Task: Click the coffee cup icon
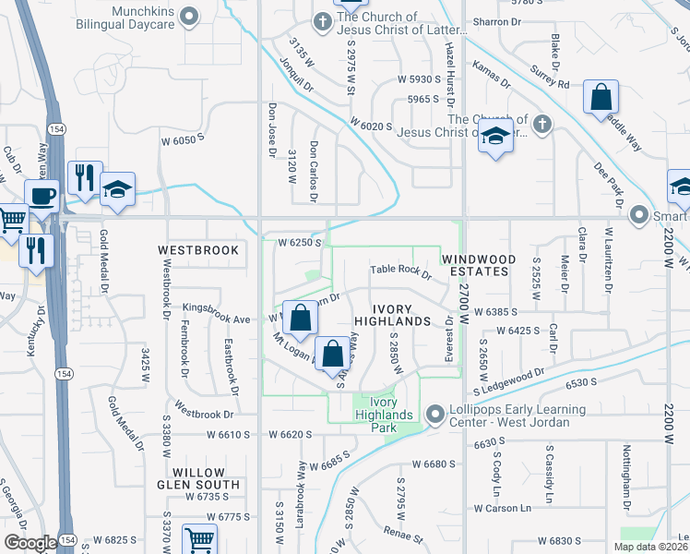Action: click(43, 196)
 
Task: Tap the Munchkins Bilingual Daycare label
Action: click(129, 17)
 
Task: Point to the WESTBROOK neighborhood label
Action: click(198, 250)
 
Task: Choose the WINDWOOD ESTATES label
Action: click(475, 266)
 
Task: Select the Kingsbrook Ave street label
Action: click(217, 319)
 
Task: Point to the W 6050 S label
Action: click(181, 138)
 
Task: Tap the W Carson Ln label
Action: click(503, 508)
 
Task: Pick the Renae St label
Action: click(406, 536)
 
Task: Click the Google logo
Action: click(30, 543)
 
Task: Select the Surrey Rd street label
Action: click(550, 77)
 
